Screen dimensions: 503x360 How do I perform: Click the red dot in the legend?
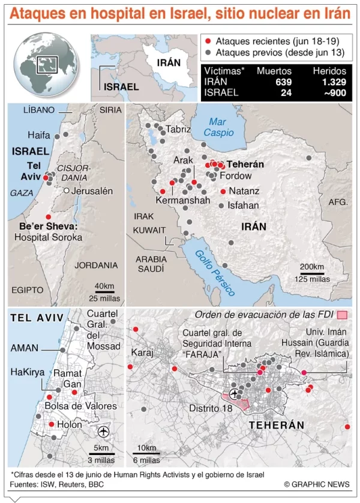click(x=208, y=41)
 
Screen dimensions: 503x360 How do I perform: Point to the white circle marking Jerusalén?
click(x=65, y=191)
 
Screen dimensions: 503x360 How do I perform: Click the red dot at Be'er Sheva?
click(x=48, y=216)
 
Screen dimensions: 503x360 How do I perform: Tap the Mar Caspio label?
click(x=218, y=126)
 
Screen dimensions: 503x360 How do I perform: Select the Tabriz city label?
click(x=178, y=129)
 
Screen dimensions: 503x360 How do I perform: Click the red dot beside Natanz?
click(x=223, y=191)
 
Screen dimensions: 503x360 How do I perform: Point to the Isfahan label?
click(x=243, y=205)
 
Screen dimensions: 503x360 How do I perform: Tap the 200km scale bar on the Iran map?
click(x=312, y=273)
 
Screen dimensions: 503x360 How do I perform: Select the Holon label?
click(x=69, y=424)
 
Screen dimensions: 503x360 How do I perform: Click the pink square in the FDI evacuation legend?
click(x=343, y=315)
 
